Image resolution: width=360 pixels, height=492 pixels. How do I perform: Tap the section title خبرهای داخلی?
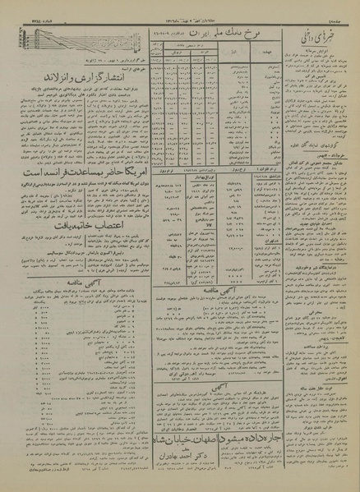[311, 36]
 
